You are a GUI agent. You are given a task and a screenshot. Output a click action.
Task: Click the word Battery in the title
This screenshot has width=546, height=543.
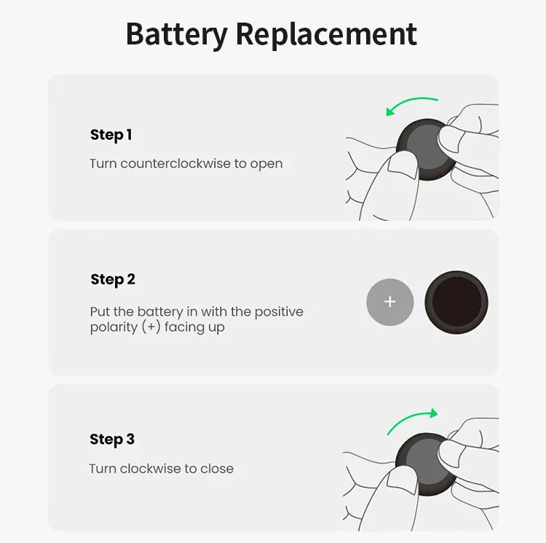coord(175,34)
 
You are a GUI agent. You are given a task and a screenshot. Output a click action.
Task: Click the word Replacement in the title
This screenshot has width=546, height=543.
coord(326,34)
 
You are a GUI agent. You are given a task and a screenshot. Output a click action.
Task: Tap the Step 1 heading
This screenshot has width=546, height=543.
coord(111,135)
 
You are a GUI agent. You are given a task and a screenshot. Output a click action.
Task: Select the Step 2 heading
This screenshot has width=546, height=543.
coord(113,279)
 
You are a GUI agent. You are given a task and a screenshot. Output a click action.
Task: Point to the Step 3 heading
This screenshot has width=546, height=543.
coord(112,439)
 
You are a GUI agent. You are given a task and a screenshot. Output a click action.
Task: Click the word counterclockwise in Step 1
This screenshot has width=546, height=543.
coord(175,163)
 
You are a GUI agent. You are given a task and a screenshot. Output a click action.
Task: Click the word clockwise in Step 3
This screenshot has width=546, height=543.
coord(151,468)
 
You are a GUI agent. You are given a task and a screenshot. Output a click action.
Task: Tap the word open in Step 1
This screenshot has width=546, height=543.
coord(266,164)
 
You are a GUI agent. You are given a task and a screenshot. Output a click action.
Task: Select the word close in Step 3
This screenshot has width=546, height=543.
coord(217,468)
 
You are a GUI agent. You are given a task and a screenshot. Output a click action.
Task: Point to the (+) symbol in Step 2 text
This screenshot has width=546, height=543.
coord(151,327)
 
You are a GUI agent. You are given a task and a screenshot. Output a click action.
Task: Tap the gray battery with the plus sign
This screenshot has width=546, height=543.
coord(389,302)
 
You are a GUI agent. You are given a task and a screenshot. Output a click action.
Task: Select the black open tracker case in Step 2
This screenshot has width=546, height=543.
coord(456,302)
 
